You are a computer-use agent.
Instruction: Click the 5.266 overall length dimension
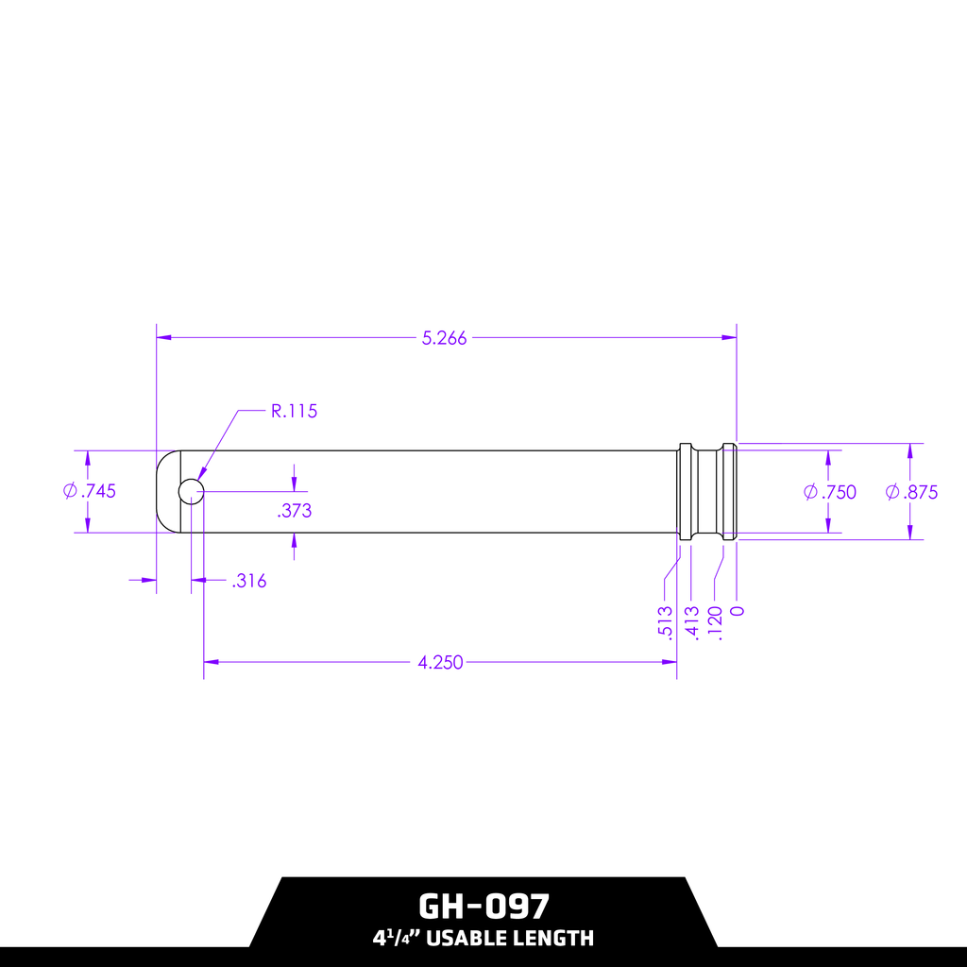tap(444, 338)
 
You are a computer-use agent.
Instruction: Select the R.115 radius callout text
tap(294, 411)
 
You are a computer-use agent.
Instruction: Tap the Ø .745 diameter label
tap(90, 491)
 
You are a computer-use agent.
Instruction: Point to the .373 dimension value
tap(295, 511)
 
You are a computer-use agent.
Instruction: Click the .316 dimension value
tap(248, 582)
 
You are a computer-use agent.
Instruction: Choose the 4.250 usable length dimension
tap(440, 662)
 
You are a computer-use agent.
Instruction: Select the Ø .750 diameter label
tap(830, 492)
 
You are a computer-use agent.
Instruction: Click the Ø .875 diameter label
tap(912, 492)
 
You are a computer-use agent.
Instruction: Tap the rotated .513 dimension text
tap(666, 623)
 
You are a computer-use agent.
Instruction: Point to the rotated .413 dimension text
tap(692, 623)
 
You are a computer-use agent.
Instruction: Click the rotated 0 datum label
tap(738, 611)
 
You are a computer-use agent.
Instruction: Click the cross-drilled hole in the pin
tap(191, 491)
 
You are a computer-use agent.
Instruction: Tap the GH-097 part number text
tap(483, 907)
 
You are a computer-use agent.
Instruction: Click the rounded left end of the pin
tap(166, 491)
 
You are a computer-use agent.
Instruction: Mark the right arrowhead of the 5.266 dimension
tap(729, 337)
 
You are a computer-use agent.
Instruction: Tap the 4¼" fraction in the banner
tap(396, 939)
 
